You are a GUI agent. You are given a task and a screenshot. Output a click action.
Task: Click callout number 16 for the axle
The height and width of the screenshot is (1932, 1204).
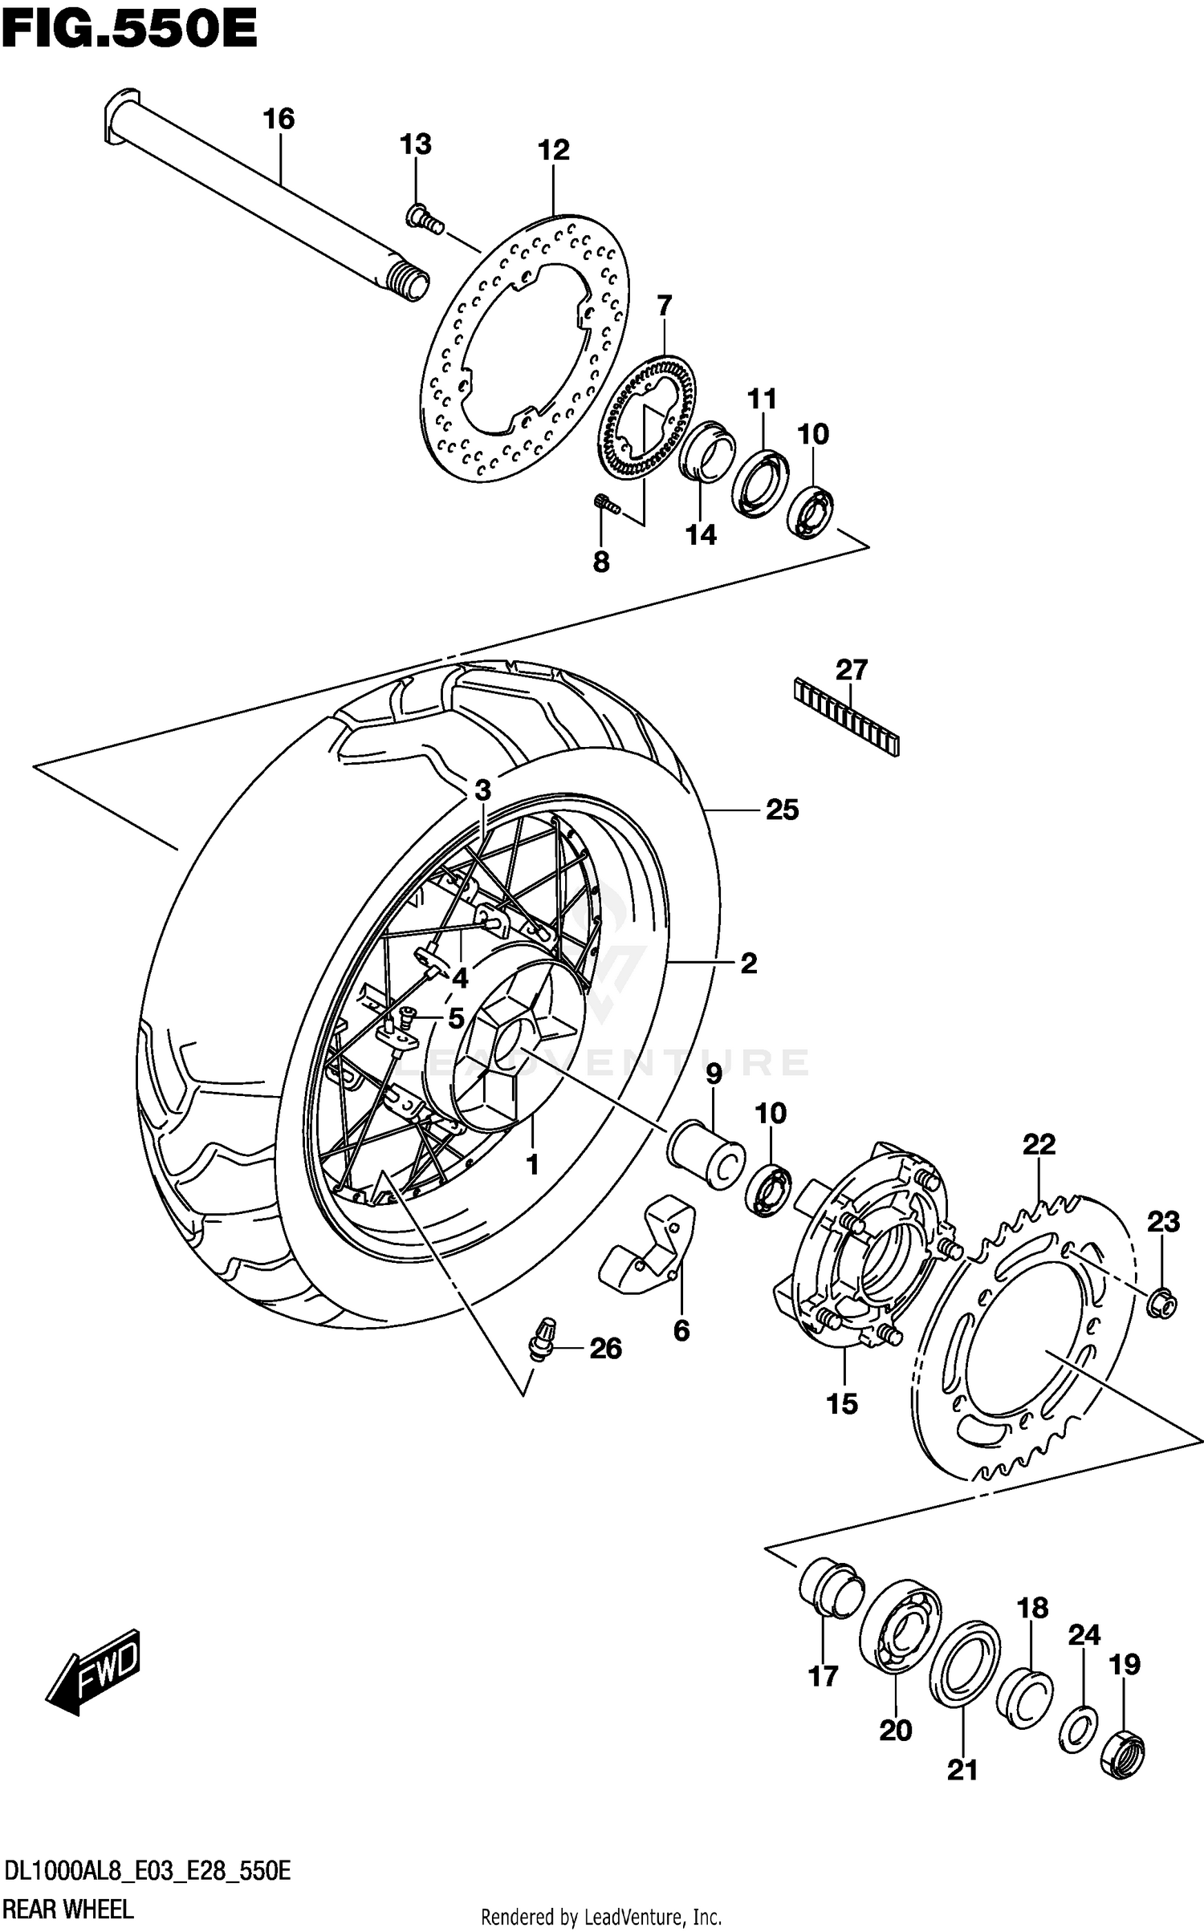pyautogui.click(x=279, y=120)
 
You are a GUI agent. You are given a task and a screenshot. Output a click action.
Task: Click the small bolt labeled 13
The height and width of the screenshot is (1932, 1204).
pyautogui.click(x=424, y=218)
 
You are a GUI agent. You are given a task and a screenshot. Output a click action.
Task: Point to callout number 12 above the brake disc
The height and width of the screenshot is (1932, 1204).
pyautogui.click(x=554, y=150)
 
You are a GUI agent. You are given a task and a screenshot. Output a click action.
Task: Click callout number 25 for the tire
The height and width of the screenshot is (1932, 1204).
pyautogui.click(x=782, y=810)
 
